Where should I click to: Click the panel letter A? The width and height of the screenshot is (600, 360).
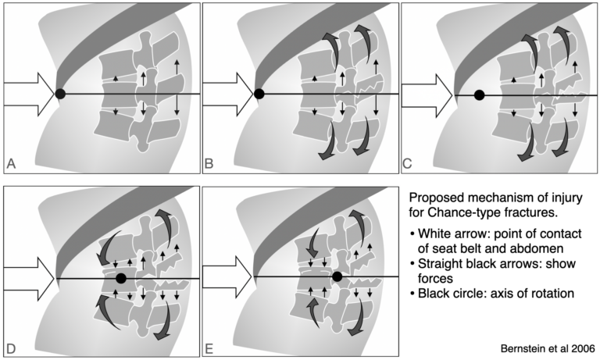(12, 163)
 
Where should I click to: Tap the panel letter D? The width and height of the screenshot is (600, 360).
(12, 346)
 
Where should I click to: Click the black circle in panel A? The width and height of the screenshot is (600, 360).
(59, 94)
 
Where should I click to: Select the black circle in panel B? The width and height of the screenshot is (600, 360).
(259, 94)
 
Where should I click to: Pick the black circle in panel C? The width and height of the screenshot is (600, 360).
(480, 94)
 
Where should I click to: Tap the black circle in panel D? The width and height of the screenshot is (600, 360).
(120, 277)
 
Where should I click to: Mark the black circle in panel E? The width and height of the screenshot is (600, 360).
(337, 276)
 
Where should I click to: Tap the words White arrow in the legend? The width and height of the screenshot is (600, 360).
(454, 232)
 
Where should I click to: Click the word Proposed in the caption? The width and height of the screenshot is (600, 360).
(435, 194)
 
